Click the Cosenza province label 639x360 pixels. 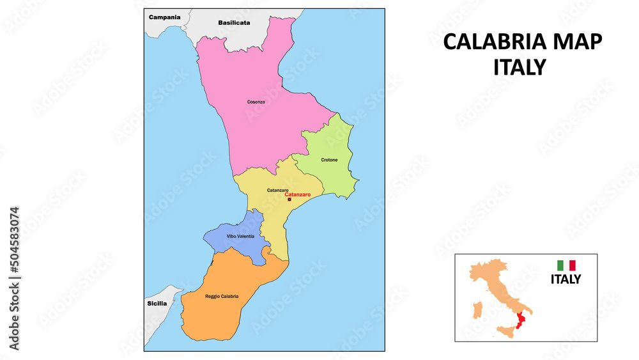(256, 102)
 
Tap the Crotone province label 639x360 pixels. (330, 160)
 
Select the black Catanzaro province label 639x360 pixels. (277, 190)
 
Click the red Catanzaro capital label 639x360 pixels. (293, 194)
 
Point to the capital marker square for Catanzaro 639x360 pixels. (289, 200)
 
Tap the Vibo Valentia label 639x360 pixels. (240, 236)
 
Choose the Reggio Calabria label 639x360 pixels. (222, 296)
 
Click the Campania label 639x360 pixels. (164, 17)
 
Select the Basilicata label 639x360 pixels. (234, 22)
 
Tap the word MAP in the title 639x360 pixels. (574, 42)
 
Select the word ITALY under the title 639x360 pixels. (520, 67)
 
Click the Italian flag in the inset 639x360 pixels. (566, 265)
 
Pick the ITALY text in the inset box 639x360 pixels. (566, 279)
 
